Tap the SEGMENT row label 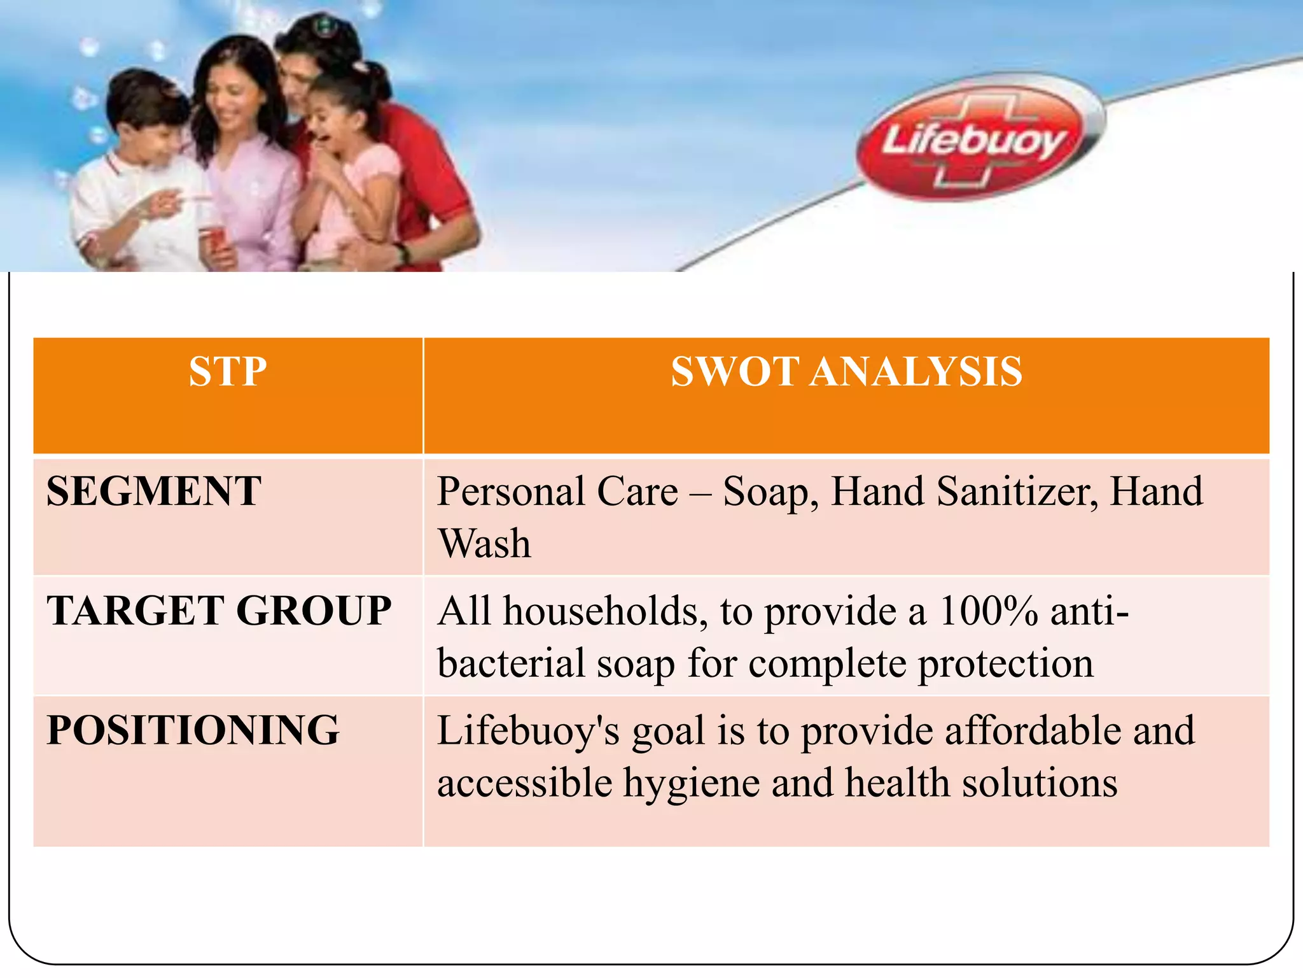click(154, 491)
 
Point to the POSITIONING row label click(193, 730)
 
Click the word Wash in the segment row click(484, 544)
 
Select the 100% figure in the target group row click(989, 611)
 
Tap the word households click(605, 611)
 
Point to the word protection click(1006, 664)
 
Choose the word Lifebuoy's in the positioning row click(528, 730)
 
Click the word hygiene click(691, 783)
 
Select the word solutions click(1039, 783)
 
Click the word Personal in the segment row click(511, 492)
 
